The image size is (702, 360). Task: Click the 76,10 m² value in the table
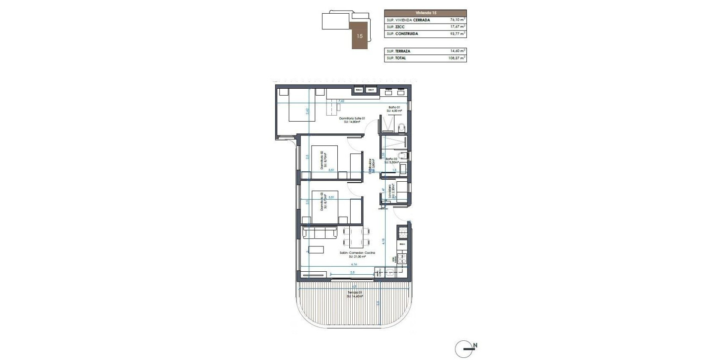458,20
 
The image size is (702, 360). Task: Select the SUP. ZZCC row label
396,27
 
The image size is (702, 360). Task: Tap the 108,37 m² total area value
457,58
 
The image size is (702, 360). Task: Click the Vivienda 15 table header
425,13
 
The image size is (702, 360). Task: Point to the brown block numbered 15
360,36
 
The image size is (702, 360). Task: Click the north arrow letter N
475,345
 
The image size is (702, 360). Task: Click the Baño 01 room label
394,108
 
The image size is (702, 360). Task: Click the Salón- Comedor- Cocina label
357,253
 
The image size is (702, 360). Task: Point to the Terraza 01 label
355,293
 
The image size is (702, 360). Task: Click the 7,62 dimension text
342,101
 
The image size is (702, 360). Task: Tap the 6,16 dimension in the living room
354,265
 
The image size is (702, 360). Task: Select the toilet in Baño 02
402,156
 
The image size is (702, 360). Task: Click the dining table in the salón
357,237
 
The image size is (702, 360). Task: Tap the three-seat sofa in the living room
320,233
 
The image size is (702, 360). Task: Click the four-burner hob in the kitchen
402,258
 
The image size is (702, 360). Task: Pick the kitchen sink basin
390,272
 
